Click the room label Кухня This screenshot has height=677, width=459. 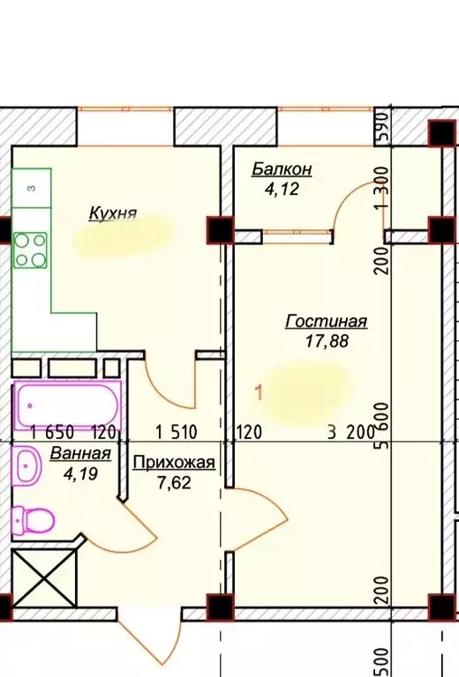[x=112, y=212]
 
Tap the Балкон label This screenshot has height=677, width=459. [x=282, y=168]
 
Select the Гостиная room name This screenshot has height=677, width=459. [x=326, y=322]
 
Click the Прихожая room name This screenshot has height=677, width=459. [x=173, y=461]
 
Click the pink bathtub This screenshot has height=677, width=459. [x=67, y=406]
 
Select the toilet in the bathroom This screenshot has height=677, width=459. [x=33, y=518]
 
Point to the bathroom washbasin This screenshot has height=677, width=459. [x=26, y=465]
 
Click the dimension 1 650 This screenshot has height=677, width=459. [x=49, y=432]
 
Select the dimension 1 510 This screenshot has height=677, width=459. [x=176, y=432]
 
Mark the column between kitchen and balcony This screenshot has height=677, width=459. [x=217, y=230]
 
